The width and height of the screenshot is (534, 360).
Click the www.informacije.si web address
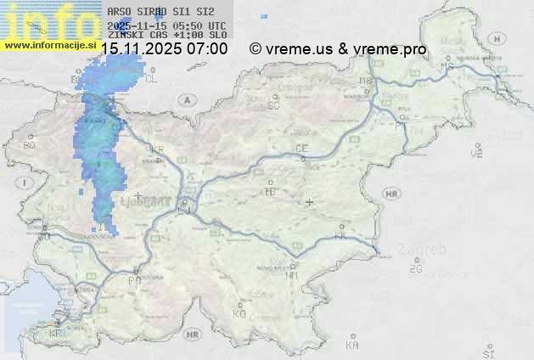50,44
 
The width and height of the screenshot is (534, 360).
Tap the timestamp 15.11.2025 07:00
164,49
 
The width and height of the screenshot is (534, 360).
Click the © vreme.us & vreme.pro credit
338,49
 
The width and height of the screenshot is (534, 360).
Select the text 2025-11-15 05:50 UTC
167,25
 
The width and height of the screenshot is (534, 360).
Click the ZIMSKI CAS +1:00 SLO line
167,35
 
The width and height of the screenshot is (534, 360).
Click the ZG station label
415,269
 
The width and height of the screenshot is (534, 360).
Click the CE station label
301,149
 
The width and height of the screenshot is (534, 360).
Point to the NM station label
292,275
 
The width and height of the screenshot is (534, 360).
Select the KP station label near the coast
56,334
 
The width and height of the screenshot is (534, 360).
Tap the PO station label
134,280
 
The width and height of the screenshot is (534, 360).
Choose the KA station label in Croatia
352,346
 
